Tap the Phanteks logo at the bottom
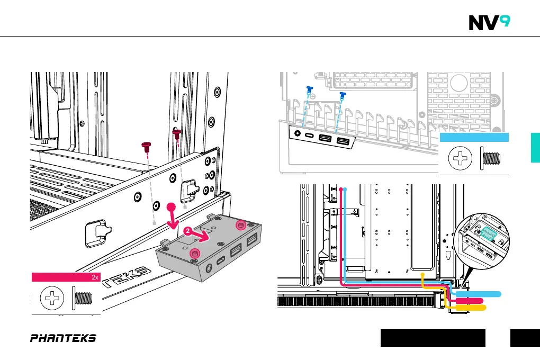(x=63, y=338)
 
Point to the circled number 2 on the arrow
(x=189, y=231)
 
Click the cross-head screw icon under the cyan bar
(x=460, y=158)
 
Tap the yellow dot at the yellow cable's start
(x=422, y=274)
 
